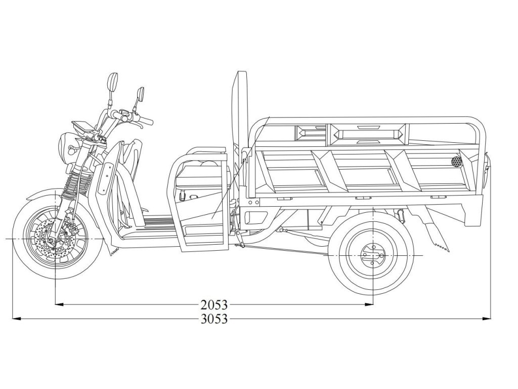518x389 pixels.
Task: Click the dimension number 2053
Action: pos(214,305)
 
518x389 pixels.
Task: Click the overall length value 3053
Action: pos(214,319)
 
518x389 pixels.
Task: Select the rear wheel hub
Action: pos(373,256)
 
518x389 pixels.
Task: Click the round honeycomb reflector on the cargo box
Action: pos(457,162)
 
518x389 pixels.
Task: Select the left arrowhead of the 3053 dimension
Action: pos(16,319)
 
